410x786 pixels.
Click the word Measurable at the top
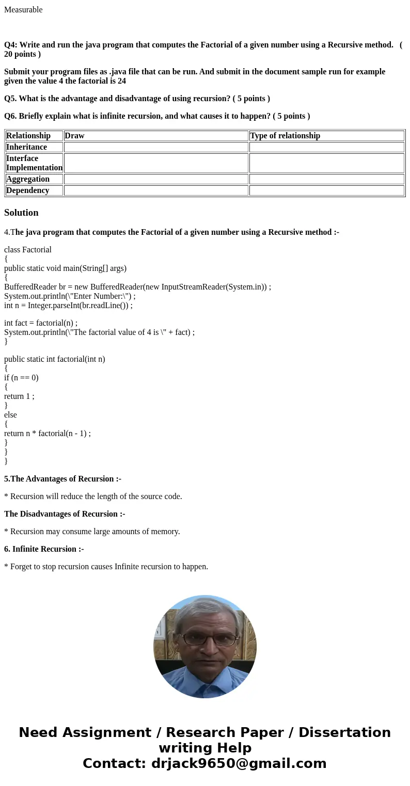[x=23, y=10]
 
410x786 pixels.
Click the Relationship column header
[x=28, y=136]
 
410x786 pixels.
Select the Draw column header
[x=74, y=136]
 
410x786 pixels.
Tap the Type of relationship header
[x=285, y=136]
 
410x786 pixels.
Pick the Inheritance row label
[x=26, y=147]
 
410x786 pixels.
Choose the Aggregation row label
[x=28, y=179]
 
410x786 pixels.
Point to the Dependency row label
[x=28, y=190]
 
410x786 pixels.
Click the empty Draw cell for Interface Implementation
[x=156, y=163]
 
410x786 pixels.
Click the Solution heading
[x=21, y=213]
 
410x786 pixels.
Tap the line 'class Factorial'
[x=28, y=250]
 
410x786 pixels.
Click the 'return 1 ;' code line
[x=19, y=396]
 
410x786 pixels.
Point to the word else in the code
[x=10, y=415]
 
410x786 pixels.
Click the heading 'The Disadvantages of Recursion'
[x=65, y=514]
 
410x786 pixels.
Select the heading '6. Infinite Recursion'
[x=44, y=549]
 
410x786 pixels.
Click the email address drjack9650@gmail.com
[x=239, y=764]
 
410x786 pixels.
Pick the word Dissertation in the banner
[x=344, y=733]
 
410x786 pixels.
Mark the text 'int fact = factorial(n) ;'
[x=41, y=323]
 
